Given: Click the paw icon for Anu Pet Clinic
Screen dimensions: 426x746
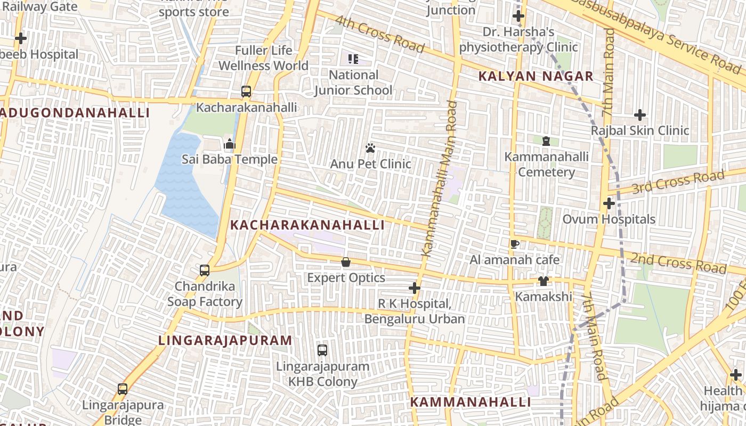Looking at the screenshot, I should coord(370,148).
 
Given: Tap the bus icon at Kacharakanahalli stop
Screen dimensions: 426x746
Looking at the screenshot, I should coord(246,92).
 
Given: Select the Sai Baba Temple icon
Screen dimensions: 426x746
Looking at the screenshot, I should coord(230,144).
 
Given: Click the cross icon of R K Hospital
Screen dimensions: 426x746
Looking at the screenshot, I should coord(414,288).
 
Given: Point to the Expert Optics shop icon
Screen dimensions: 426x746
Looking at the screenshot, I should coord(346,262).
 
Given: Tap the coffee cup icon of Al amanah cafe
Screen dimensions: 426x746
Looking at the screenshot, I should coord(514,244).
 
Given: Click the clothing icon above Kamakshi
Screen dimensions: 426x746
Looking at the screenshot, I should coord(543,281).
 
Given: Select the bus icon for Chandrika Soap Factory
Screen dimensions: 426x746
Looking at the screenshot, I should coord(205,271).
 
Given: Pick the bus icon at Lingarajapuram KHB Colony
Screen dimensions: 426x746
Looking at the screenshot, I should coord(322,350).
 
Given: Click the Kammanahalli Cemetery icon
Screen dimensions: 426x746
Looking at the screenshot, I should coord(546,141).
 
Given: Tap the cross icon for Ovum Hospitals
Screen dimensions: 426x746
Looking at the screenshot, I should coord(609,203).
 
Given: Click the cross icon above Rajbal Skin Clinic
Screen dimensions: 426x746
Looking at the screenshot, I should coord(640,115).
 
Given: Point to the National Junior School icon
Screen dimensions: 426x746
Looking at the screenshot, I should coord(353,59).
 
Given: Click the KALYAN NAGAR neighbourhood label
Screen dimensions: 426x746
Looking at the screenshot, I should coord(536,76).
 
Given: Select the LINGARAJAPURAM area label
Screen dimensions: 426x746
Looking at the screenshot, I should coord(225,340).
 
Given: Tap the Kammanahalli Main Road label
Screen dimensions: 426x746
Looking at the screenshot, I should coord(440,178).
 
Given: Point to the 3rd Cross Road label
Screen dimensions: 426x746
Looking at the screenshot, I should coord(678,182).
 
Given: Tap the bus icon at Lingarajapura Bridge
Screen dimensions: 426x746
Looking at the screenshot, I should coord(123,389).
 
